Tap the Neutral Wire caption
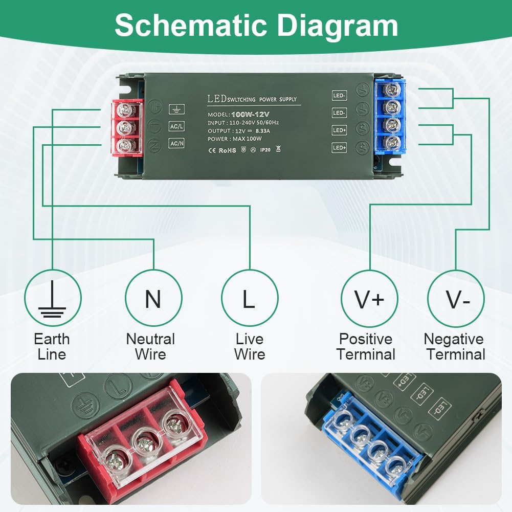tap(150, 346)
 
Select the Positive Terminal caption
tap(366, 346)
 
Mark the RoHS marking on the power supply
tap(227, 150)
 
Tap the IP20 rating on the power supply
tap(265, 150)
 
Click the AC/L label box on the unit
tap(176, 126)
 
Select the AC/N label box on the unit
tap(176, 144)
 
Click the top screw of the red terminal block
tap(123, 109)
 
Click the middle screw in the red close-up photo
tap(146, 440)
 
